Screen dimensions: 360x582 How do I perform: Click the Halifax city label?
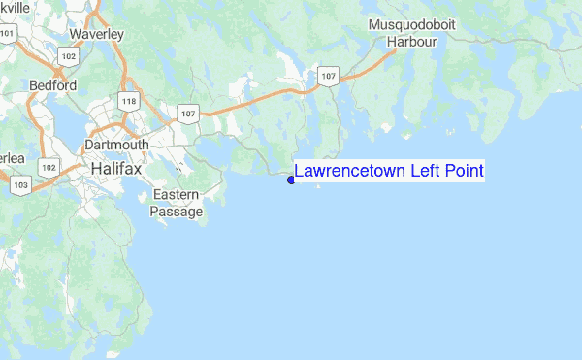pos(115,168)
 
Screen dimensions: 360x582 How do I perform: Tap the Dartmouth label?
pos(116,145)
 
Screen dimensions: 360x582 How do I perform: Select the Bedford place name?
pos(52,85)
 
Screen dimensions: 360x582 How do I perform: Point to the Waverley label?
pos(97,34)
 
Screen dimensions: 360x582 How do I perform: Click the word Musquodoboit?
pos(411,25)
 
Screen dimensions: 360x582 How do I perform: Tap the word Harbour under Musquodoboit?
pos(412,42)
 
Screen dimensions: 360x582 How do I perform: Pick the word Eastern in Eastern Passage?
pos(178,195)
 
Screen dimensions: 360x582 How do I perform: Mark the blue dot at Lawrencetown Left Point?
pos(292,180)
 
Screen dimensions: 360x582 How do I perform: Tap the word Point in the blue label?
pos(465,172)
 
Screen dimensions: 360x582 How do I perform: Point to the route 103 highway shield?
pos(20,183)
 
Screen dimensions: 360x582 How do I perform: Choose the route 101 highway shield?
pos(9,34)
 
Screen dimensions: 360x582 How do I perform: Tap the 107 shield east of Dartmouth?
pos(187,115)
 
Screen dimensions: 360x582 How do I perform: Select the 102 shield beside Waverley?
pos(68,57)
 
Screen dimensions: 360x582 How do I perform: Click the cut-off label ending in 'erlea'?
pos(12,157)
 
